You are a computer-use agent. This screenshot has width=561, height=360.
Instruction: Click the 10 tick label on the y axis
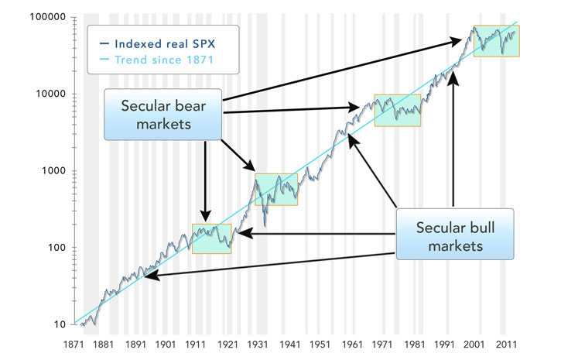pos(56,324)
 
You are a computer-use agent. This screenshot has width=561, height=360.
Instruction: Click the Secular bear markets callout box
pos(163,114)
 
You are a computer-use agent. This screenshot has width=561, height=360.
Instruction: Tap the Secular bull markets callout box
pos(454,235)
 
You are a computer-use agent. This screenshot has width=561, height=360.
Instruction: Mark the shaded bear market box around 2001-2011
pos(496,40)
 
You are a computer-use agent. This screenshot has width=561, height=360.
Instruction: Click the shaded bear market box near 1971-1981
pos(398,110)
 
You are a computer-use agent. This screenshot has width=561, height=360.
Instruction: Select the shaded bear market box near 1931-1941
pos(275,189)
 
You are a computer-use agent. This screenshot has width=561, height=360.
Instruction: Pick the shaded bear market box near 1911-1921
pos(211,238)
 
